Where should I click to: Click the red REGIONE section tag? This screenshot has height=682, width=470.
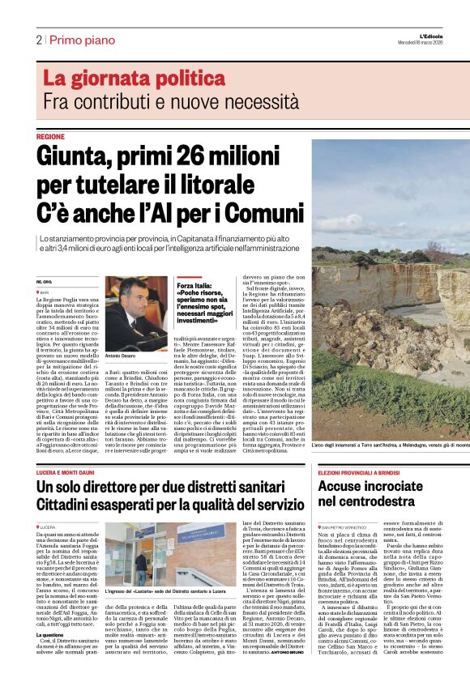pos(50,137)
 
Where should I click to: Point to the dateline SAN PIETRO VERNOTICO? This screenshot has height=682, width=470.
pos(350,505)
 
